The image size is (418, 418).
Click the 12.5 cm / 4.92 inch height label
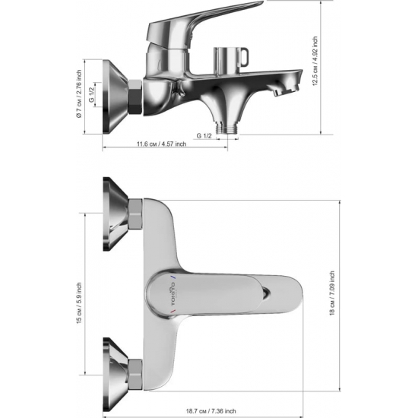tap(315, 61)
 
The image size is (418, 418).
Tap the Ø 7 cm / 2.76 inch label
tap(79, 93)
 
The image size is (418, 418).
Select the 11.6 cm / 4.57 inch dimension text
tap(162, 144)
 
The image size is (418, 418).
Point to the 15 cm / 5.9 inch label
tap(79, 303)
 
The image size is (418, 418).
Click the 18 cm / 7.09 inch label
tap(332, 293)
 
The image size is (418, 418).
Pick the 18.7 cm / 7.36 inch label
tap(211, 411)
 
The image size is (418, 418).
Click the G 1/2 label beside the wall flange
tap(92, 95)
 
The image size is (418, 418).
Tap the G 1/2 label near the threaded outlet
tap(204, 136)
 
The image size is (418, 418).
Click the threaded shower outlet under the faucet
tap(227, 128)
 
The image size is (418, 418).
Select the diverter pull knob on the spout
tap(231, 60)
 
